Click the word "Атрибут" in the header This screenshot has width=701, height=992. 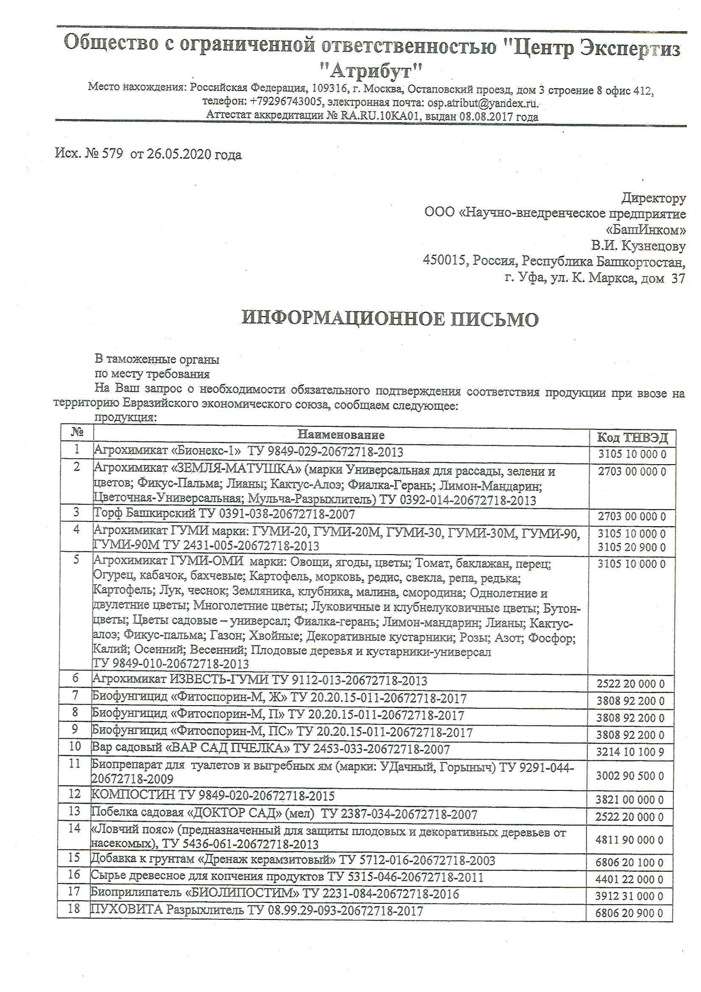click(x=371, y=70)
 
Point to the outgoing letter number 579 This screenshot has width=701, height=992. click(x=112, y=154)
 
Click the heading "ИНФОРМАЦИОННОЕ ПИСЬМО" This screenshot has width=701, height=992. click(x=390, y=319)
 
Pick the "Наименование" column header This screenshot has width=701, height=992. click(x=341, y=434)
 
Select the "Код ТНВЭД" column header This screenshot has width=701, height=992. click(x=632, y=438)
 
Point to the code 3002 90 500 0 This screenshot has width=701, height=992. click(x=630, y=776)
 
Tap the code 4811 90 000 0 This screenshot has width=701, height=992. click(x=629, y=840)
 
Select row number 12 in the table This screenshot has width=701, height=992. click(x=75, y=794)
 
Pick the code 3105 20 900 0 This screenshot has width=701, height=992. click(x=631, y=547)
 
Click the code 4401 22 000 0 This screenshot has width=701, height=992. click(x=629, y=879)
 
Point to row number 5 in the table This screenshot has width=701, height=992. click(x=76, y=560)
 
